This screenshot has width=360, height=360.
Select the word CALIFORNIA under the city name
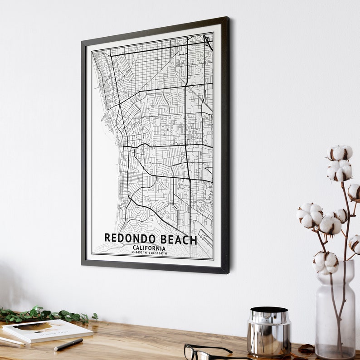coord(149,248)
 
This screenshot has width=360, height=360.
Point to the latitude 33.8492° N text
coord(140,253)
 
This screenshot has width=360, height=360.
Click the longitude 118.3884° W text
coord(159,253)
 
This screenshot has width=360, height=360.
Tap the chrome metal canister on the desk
coord(269,331)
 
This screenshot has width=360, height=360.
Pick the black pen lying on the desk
coord(68,344)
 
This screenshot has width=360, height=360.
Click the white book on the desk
coord(47,330)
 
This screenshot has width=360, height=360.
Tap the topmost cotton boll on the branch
coord(340,152)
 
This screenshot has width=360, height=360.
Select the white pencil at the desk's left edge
coord(11,341)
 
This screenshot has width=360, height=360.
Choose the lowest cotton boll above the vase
coord(325,263)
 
